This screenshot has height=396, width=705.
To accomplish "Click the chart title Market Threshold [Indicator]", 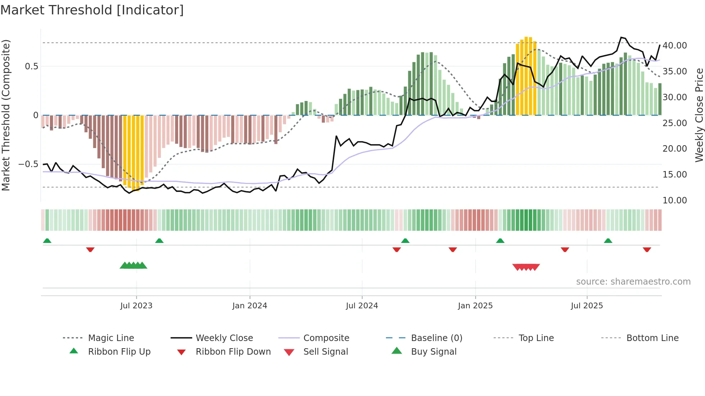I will point(92,10).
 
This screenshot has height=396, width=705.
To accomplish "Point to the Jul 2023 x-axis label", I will point(136,305).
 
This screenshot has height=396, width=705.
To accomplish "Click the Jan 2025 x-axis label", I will point(475,305).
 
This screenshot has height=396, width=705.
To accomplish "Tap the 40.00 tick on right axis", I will point(675,46).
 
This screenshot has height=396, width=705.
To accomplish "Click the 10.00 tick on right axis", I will point(675,200).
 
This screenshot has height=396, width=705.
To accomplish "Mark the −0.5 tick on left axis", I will point(28,164).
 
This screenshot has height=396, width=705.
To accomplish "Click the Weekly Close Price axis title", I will point(699,115).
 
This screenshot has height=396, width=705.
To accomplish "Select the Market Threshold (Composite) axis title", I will point(6,115).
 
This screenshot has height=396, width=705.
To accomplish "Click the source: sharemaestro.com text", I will point(633,281).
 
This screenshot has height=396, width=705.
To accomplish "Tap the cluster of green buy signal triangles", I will point(133,266).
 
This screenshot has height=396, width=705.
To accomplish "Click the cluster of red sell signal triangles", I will point(526,267).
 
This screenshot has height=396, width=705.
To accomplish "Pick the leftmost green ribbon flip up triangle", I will point(47,241).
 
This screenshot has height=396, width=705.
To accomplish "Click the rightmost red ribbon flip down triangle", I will point(647,249).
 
